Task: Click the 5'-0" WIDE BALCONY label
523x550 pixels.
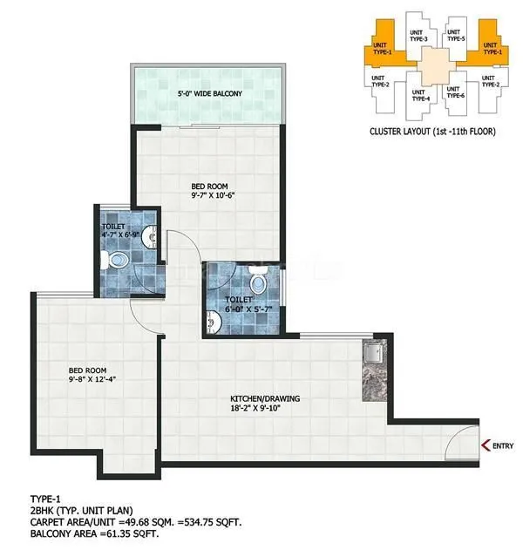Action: (209, 93)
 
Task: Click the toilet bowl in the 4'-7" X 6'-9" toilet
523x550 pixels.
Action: (117, 259)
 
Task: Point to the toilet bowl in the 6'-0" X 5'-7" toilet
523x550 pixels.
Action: (257, 282)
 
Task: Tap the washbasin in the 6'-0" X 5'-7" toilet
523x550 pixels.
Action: (213, 324)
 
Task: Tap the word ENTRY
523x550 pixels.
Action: (503, 447)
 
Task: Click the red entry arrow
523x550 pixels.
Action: (485, 447)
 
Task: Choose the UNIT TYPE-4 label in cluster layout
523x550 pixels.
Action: (419, 95)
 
